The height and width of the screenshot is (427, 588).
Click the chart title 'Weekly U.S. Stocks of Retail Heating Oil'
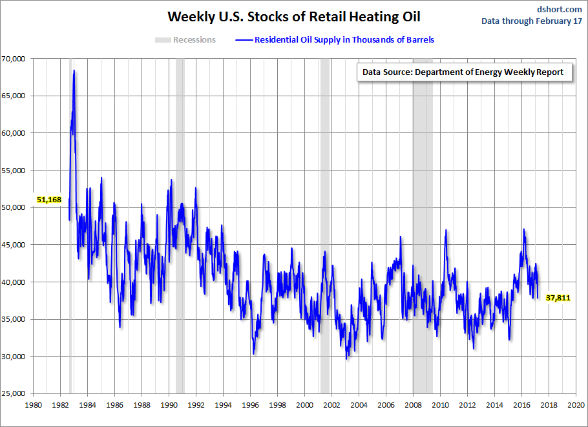coord(293,16)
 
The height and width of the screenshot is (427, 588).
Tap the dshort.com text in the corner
coord(560,9)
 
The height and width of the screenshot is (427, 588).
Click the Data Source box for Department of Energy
coord(463,72)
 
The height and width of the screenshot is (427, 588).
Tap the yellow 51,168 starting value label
coord(49,200)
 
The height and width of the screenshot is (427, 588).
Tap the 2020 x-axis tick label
coord(576,406)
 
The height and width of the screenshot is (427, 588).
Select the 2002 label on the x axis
coord(331,406)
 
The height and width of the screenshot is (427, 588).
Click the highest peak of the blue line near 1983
coord(74,70)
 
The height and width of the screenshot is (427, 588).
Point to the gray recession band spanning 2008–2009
coord(423,226)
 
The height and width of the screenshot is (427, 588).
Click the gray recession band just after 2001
coord(325,194)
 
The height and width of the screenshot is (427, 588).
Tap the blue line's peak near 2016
coord(523,230)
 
